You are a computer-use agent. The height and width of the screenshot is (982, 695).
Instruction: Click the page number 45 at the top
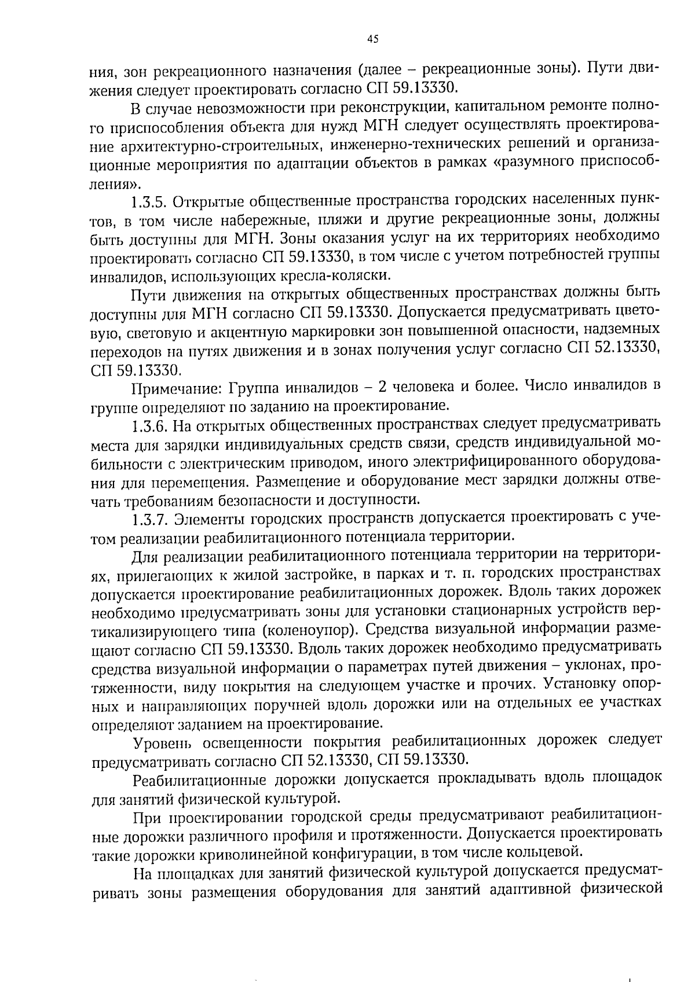coord(372,39)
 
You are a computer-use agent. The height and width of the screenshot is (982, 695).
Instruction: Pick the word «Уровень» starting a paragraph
coord(157,742)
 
